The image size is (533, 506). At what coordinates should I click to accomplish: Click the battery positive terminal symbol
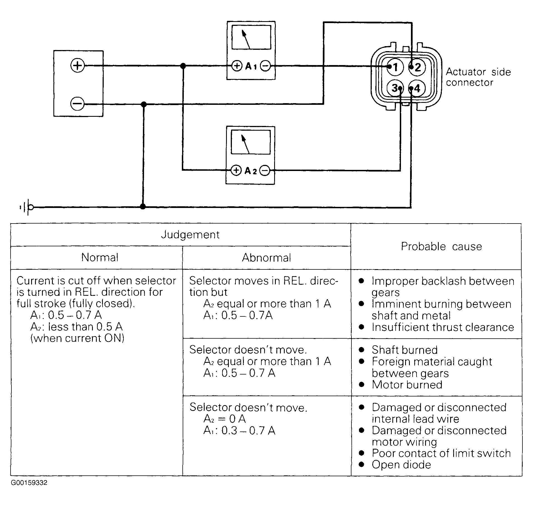(x=78, y=66)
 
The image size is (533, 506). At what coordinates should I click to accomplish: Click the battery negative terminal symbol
(x=78, y=104)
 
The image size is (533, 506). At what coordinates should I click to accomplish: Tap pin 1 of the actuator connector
(x=395, y=67)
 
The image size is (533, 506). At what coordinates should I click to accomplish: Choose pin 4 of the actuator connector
(x=417, y=88)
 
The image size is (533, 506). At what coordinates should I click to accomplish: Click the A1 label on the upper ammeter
(x=251, y=66)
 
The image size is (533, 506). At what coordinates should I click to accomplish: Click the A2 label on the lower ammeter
(x=251, y=170)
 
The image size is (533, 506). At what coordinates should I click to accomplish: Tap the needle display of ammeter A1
(x=251, y=38)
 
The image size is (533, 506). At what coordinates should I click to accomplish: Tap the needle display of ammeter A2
(x=251, y=142)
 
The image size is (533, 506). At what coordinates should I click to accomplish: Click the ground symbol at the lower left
(x=26, y=207)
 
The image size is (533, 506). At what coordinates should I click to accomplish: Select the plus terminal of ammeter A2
(x=236, y=170)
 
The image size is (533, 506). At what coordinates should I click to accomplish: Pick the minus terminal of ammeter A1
(x=266, y=66)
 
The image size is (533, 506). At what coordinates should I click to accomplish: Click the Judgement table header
(x=190, y=235)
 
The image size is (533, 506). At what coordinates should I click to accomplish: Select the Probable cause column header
(x=441, y=246)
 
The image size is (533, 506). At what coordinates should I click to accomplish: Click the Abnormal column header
(x=266, y=258)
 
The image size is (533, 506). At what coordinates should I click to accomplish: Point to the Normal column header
(x=100, y=257)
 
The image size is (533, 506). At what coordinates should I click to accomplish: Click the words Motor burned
(x=407, y=385)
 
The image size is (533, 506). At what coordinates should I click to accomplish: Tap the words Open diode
(x=401, y=465)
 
